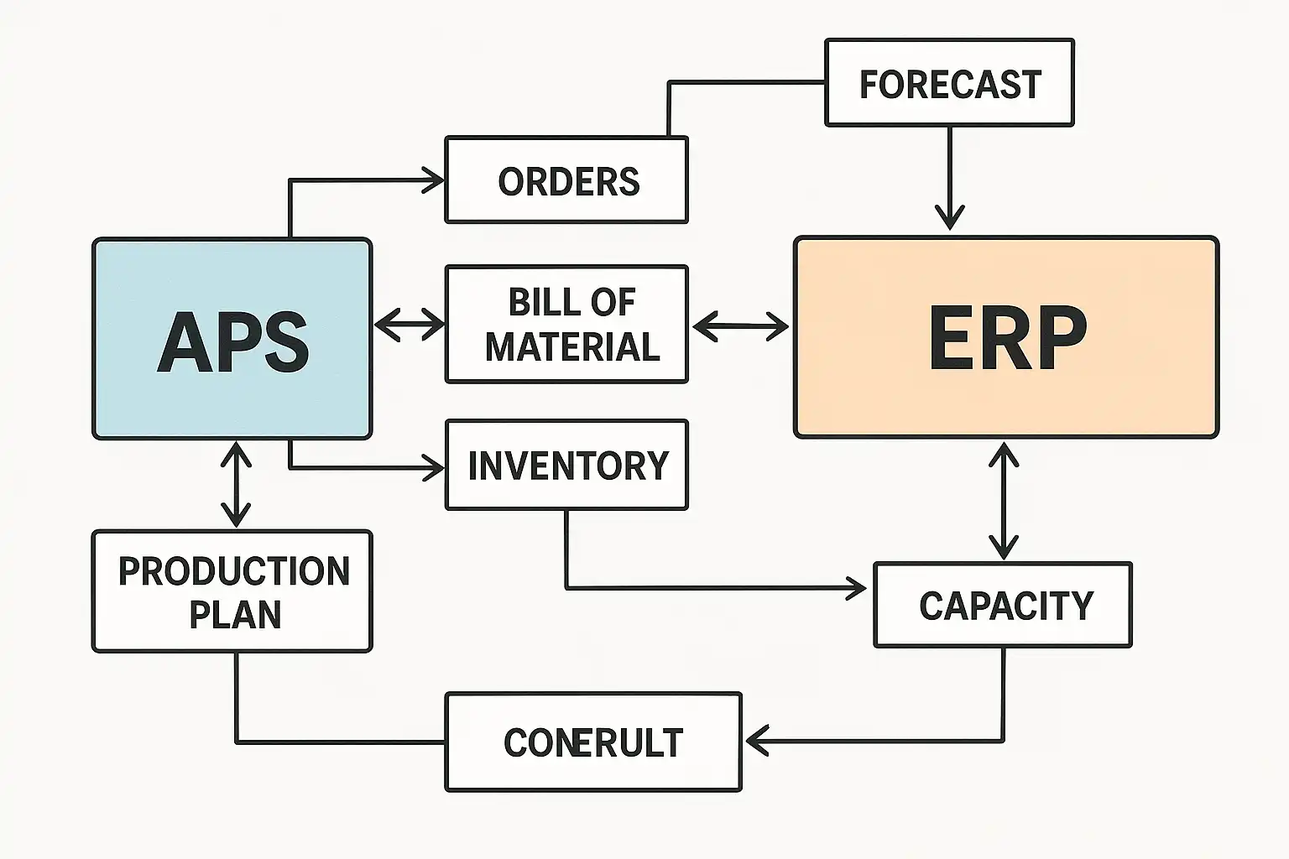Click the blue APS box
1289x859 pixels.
coord(232,338)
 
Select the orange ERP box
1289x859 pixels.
coord(1005,336)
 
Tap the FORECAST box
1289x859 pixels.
coord(949,83)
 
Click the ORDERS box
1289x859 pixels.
coord(566,180)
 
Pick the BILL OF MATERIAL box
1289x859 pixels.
coord(566,324)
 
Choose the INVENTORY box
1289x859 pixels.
coord(566,465)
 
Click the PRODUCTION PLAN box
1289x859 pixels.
coord(232,591)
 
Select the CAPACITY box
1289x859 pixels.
coord(1003,605)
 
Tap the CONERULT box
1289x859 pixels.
coord(592,742)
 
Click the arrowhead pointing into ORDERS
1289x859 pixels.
coord(435,180)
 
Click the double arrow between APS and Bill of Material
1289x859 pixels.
coord(409,324)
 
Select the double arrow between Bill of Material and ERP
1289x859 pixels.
coord(740,325)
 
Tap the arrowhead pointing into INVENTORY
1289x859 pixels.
coord(435,467)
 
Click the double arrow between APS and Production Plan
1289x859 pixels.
coord(236,484)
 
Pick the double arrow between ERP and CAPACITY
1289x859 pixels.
coord(1004,500)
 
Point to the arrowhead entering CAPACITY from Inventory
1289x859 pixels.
coord(857,588)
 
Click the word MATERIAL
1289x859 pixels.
coord(573,347)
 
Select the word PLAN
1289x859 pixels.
coord(235,615)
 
